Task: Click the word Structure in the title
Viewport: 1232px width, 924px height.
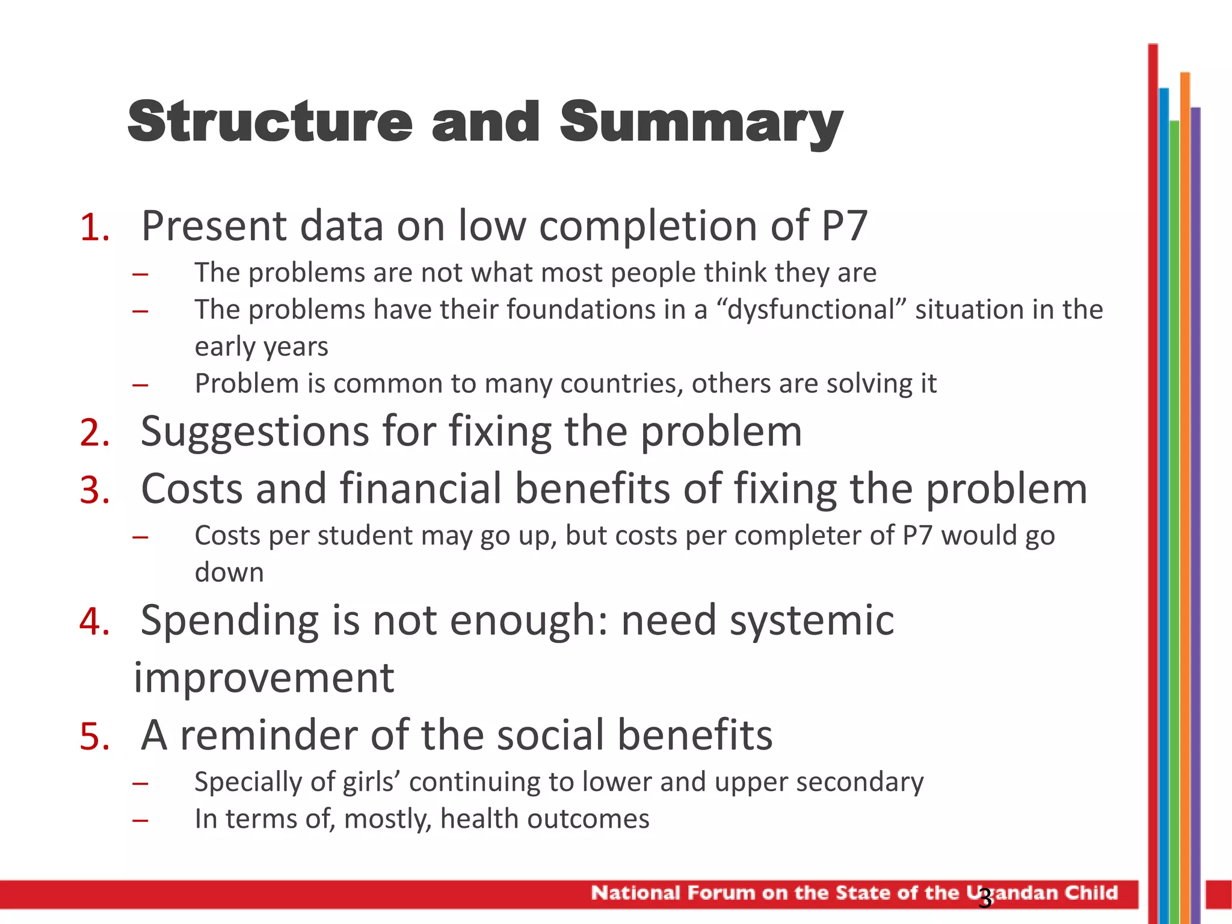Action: click(270, 122)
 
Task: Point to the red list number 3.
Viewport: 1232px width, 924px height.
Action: click(94, 490)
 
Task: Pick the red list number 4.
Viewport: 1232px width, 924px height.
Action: click(94, 621)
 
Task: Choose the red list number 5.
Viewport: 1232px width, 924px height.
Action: click(94, 736)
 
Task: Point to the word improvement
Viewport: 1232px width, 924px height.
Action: click(263, 678)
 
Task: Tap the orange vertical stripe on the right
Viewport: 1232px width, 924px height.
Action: click(1185, 481)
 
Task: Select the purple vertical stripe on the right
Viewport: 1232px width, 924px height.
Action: click(1195, 481)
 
